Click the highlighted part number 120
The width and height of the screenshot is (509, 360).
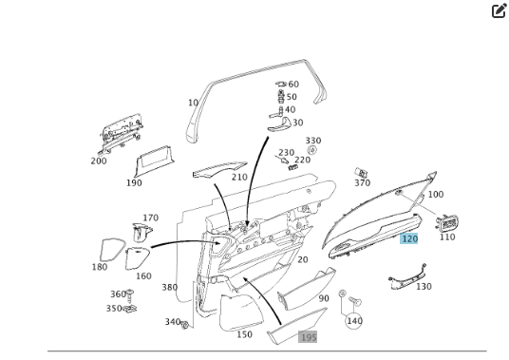click(x=409, y=239)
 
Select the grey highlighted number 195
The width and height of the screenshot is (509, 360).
click(x=308, y=337)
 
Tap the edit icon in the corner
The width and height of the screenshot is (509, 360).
click(x=500, y=10)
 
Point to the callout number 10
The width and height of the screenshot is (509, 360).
click(x=193, y=103)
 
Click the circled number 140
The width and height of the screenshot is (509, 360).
click(x=354, y=321)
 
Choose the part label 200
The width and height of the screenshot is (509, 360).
click(x=99, y=161)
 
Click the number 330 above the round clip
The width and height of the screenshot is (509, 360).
click(x=313, y=141)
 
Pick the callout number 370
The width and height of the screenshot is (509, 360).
click(x=362, y=183)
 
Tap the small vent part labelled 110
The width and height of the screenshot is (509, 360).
click(x=447, y=222)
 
